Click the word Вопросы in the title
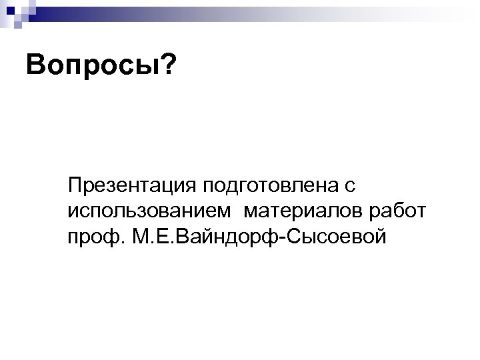[x=93, y=65]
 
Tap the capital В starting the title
[x=37, y=65]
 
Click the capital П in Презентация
[x=73, y=183]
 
